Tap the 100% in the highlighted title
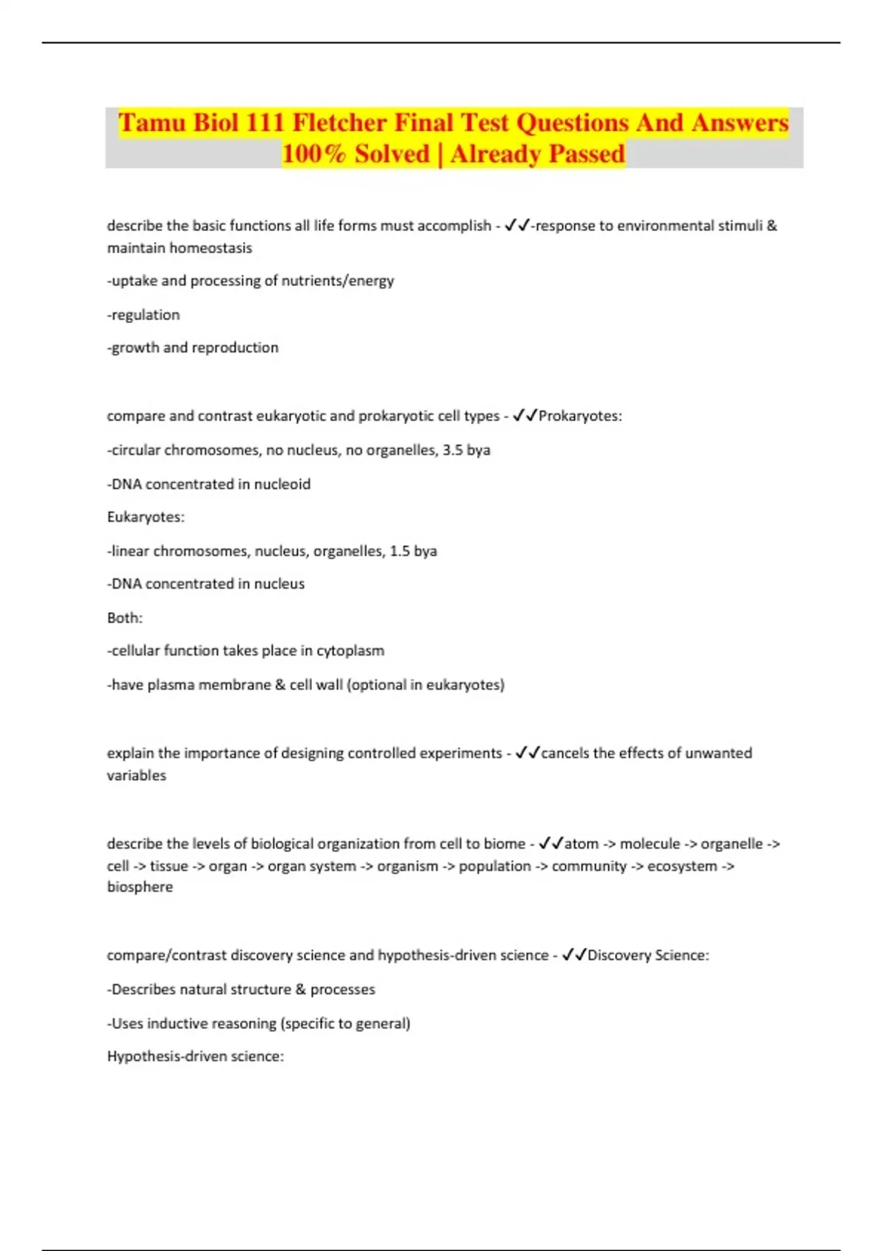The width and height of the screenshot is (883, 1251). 314,154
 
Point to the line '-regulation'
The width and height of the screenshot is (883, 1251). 143,315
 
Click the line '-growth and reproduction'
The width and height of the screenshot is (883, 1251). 193,347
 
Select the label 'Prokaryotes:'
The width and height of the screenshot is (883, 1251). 580,416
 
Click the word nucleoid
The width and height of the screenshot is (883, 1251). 282,484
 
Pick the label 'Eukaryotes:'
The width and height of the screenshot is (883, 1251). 146,517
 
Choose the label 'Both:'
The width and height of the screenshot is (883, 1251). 125,617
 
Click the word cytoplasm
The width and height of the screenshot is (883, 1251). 350,651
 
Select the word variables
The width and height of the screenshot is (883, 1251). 137,775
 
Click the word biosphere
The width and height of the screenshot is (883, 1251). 140,887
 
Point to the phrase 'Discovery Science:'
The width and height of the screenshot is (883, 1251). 648,955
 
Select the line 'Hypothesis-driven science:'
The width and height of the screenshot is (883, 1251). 196,1056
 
